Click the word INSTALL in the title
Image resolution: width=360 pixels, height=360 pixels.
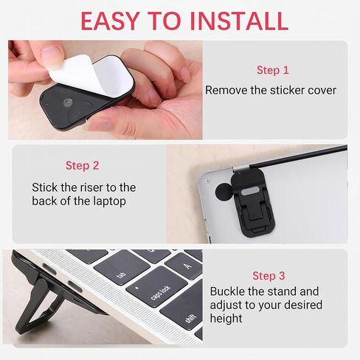(x=239, y=21)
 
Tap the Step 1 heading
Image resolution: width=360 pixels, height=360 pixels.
(x=273, y=70)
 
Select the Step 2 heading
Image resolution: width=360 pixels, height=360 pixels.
(x=82, y=165)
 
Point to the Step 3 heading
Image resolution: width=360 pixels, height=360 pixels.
(x=269, y=276)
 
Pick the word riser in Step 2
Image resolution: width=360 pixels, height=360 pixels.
(x=89, y=187)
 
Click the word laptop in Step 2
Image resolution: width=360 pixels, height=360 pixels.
(x=109, y=201)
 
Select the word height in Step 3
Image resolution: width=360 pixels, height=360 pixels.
(x=226, y=319)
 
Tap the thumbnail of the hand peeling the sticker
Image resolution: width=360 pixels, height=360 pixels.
(x=105, y=90)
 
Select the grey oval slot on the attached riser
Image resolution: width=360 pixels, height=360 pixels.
(x=250, y=191)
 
